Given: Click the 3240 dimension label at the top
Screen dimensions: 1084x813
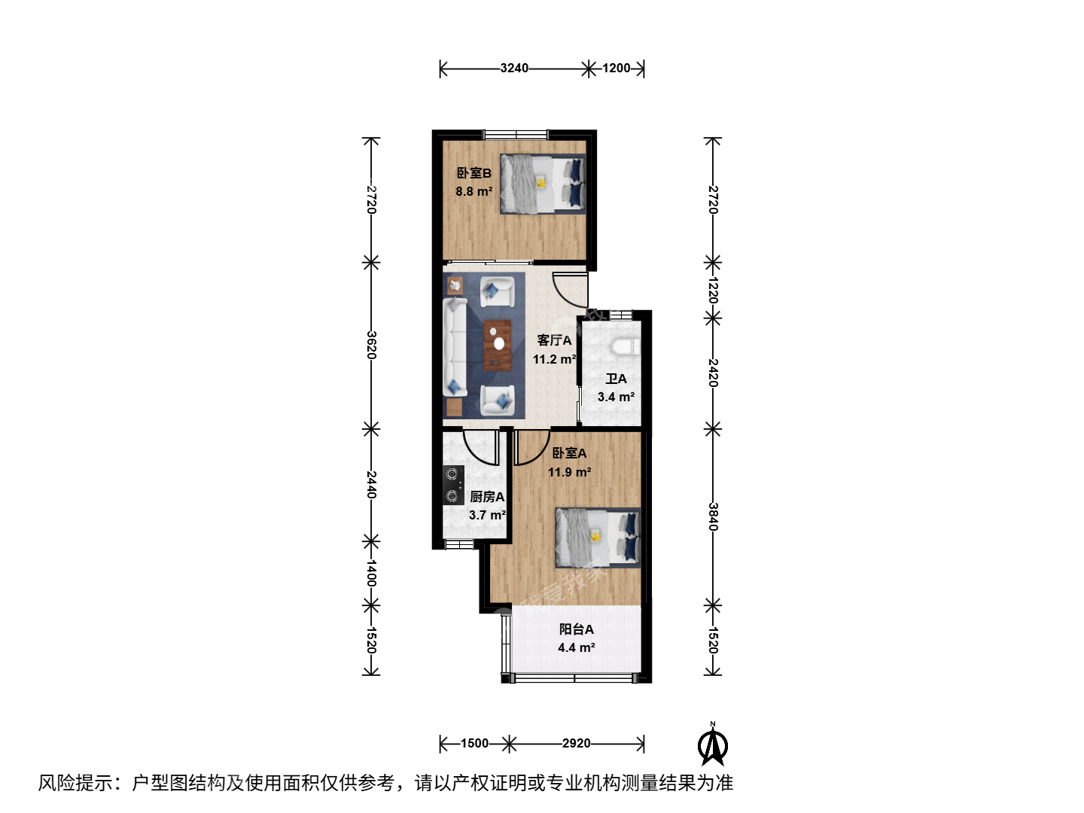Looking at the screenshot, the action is tap(514, 68).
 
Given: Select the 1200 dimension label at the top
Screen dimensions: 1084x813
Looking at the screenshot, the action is tap(616, 68).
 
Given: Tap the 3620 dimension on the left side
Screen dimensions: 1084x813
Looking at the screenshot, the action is tap(371, 345).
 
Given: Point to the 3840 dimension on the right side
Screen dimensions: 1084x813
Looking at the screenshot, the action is tap(713, 517).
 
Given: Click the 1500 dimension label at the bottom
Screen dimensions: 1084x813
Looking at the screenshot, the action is tap(474, 744).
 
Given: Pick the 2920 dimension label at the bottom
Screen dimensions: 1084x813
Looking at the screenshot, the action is tap(577, 744).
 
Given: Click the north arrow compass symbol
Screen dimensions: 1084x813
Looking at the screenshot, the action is tap(713, 744).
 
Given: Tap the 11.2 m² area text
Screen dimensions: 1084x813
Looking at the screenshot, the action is tap(554, 359).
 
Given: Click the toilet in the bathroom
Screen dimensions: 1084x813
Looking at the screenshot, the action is tap(626, 346).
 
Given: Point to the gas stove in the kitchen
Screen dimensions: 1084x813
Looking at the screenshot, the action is tap(453, 486).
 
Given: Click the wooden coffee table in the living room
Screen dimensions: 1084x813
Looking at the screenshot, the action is tap(498, 345).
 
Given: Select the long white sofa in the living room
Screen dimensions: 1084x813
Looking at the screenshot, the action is tap(455, 347).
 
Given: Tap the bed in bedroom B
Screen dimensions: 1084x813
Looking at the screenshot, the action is tap(543, 184).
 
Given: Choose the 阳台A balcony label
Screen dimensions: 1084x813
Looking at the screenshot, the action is tap(577, 629).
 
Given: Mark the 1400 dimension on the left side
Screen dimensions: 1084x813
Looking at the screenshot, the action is tap(371, 573).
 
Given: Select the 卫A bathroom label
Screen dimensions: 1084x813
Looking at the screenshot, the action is tap(616, 379).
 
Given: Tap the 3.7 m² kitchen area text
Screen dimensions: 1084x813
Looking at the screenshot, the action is tap(487, 515).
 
